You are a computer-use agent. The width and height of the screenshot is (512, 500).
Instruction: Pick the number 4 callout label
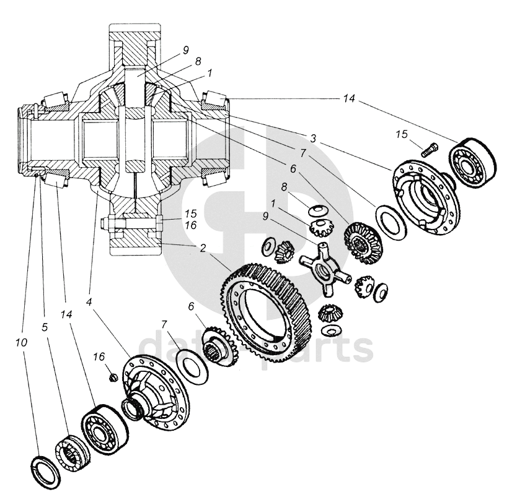pos(89,303)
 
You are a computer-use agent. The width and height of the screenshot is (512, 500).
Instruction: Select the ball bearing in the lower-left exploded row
pos(104,430)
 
